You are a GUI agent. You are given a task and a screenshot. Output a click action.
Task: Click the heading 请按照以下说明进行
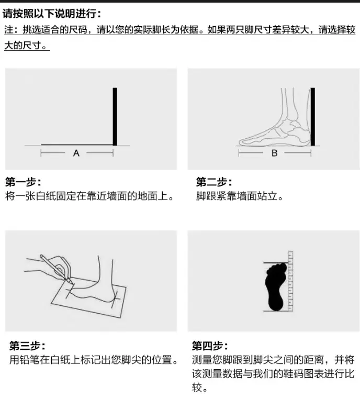pyautogui.click(x=50, y=14)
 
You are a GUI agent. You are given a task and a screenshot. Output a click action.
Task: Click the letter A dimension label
pyautogui.click(x=76, y=153)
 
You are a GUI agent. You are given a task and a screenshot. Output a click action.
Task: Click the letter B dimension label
pyautogui.click(x=274, y=153)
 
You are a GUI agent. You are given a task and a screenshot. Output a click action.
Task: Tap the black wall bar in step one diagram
pyautogui.click(x=115, y=116)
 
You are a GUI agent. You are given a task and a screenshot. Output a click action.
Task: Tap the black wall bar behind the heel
pyautogui.click(x=313, y=117)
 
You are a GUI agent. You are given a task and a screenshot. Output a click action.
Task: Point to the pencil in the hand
pyautogui.click(x=57, y=269)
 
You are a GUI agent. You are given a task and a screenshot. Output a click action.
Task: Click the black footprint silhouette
pyautogui.click(x=276, y=286)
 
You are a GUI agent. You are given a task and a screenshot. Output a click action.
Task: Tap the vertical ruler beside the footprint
pyautogui.click(x=290, y=281)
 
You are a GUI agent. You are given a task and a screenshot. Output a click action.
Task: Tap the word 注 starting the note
pyautogui.click(x=8, y=30)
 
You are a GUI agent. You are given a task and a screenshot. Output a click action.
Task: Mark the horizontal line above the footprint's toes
pyautogui.click(x=276, y=263)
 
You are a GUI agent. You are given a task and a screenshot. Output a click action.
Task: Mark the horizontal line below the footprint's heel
pyautogui.click(x=276, y=311)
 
